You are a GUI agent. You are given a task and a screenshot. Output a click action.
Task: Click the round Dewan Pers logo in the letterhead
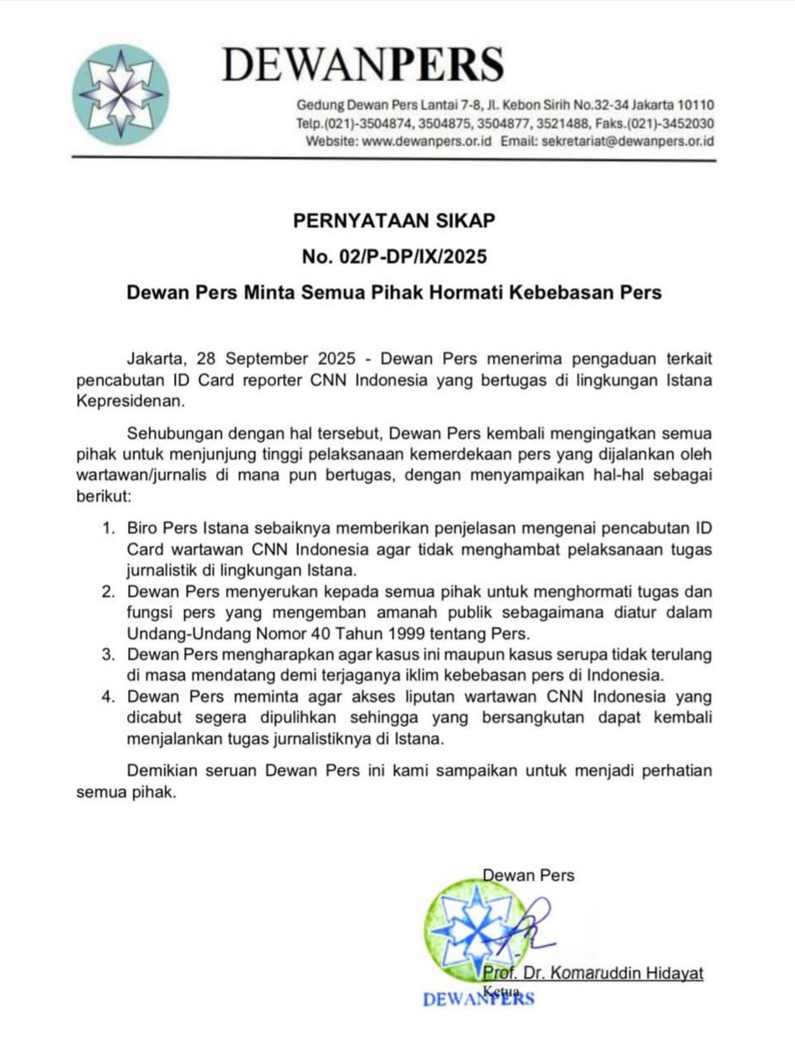coord(121,91)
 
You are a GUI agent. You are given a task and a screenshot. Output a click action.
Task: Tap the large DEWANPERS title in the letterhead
coord(362,64)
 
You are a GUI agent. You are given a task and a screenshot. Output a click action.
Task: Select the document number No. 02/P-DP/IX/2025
coord(394,256)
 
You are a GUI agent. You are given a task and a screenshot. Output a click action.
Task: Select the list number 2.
coord(108,591)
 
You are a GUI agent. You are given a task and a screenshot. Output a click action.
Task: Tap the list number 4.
coord(108,696)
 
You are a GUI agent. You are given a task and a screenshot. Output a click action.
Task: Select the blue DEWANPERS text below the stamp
coord(479,999)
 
